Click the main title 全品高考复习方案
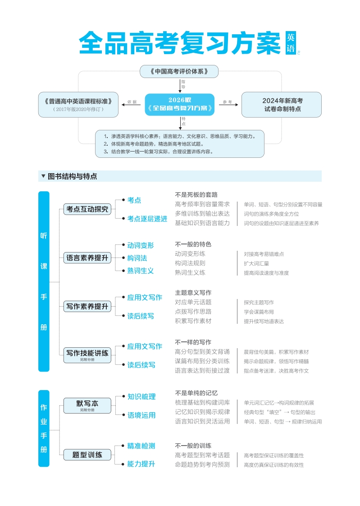click(179, 43)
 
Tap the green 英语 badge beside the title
click(291, 43)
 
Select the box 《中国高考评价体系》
click(179, 71)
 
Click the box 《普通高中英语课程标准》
click(78, 105)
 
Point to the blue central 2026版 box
click(179, 105)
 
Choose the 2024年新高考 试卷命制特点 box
click(282, 105)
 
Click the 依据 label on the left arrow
click(132, 102)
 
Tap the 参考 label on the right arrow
click(227, 102)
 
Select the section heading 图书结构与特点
click(72, 176)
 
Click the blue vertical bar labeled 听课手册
click(44, 281)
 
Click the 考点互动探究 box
click(87, 209)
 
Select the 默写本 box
click(87, 405)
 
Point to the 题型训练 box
click(87, 455)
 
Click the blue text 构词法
click(137, 258)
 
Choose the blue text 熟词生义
click(140, 271)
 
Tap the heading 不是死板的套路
click(196, 195)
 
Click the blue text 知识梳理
click(141, 397)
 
